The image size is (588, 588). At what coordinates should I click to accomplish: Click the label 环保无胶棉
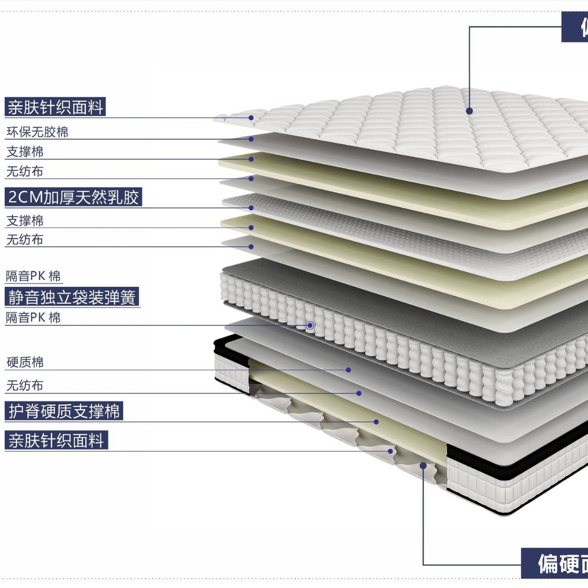37,132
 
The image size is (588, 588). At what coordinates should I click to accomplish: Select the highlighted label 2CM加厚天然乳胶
73,197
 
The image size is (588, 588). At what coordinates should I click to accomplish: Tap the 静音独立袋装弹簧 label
72,297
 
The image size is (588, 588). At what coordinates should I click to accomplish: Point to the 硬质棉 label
25,362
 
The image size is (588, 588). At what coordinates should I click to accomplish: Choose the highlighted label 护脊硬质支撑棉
64,411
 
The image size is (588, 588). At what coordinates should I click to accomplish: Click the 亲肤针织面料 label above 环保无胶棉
55,107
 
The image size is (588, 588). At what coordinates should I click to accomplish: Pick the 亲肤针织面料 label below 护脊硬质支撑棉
56,441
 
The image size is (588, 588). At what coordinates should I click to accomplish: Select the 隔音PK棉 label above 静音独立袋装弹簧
33,276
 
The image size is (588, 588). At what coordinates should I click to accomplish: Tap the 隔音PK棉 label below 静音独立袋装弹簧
33,318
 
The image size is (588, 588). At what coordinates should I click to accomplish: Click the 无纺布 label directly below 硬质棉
25,386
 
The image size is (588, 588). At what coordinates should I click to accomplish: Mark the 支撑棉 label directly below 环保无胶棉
25,152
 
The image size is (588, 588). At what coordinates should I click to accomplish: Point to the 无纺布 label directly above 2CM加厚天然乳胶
25,172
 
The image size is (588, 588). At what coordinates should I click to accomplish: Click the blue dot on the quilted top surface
469,111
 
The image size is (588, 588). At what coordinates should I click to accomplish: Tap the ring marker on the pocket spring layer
310,325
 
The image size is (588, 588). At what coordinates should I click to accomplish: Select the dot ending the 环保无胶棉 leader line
251,139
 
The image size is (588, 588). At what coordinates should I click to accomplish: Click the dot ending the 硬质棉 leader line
348,370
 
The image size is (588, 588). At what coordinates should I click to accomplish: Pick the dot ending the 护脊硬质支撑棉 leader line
376,422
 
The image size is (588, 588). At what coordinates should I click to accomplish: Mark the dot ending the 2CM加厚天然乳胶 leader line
251,208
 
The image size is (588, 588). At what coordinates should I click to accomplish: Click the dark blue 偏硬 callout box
555,563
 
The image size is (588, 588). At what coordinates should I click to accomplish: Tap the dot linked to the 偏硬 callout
423,466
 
